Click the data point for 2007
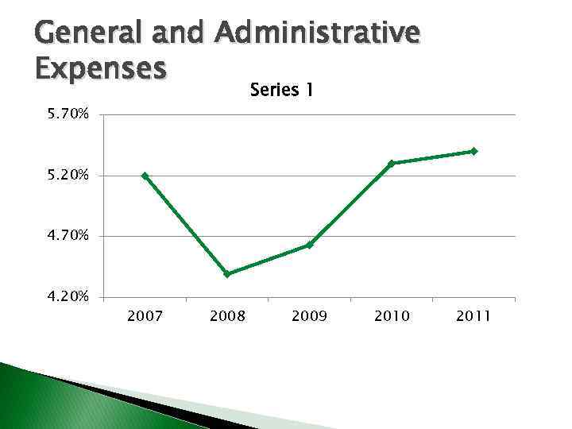pyautogui.click(x=145, y=176)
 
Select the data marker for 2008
pyautogui.click(x=227, y=274)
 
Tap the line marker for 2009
pyautogui.click(x=309, y=245)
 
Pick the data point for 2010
pyautogui.click(x=392, y=164)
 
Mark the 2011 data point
pyautogui.click(x=473, y=151)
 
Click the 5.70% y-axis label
pyautogui.click(x=68, y=115)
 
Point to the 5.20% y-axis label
pyautogui.click(x=68, y=176)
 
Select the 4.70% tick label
pyautogui.click(x=68, y=236)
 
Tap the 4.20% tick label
pyautogui.click(x=68, y=297)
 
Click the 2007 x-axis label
pyautogui.click(x=145, y=316)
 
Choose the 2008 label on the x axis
pyautogui.click(x=227, y=316)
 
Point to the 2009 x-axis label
pyautogui.click(x=309, y=316)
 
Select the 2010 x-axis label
pyautogui.click(x=392, y=316)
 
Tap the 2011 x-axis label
pyautogui.click(x=473, y=316)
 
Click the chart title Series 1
pyautogui.click(x=281, y=91)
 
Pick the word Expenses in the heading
pyautogui.click(x=100, y=68)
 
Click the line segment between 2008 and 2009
pyautogui.click(x=269, y=260)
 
